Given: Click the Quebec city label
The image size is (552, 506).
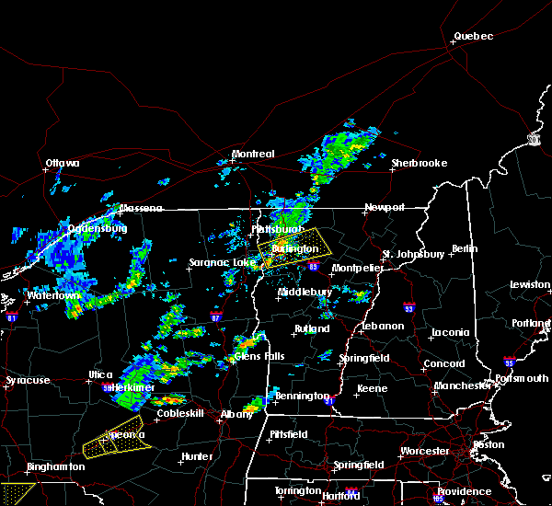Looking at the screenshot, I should [473, 37].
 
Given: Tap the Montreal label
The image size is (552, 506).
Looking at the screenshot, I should [253, 154].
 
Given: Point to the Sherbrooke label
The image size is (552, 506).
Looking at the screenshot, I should [419, 163].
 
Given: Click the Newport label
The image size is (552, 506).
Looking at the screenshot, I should [384, 207].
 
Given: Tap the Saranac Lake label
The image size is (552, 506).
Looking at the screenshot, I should [222, 262].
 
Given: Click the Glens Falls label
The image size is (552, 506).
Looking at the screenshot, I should [259, 356].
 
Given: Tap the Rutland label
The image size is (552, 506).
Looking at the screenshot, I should [311, 328].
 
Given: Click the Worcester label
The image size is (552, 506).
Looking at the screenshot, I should [424, 451].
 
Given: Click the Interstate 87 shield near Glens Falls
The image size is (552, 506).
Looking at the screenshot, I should [215, 316].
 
